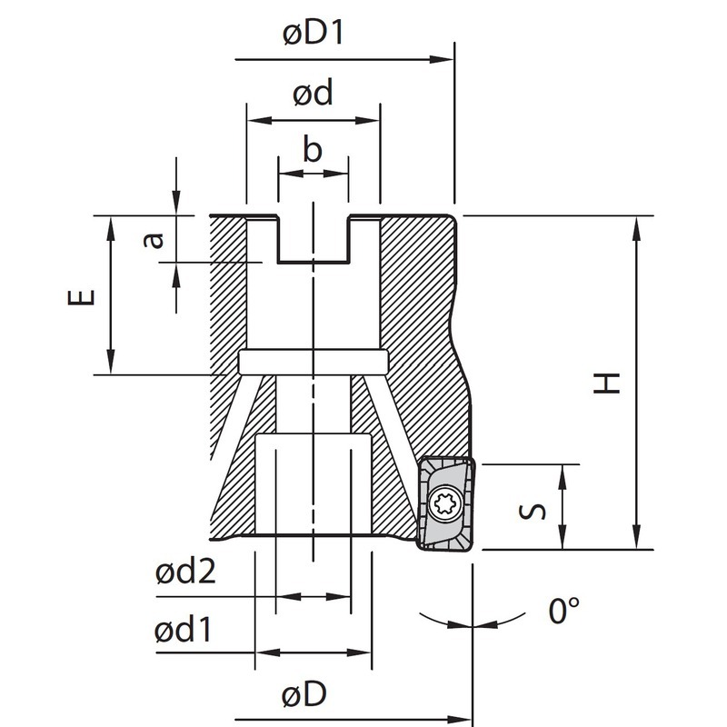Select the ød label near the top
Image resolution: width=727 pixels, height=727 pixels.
314,94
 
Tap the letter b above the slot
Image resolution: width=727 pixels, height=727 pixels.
313,151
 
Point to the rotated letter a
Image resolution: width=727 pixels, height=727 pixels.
155,239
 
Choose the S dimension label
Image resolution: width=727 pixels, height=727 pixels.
536,507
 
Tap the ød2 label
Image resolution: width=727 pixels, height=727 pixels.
185,573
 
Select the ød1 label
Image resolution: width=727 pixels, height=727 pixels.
184,629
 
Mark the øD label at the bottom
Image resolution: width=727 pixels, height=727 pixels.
304,695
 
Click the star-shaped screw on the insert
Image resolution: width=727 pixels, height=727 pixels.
446,502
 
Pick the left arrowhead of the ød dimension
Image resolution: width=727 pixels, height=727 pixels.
254,120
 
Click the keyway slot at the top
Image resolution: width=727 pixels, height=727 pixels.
314,238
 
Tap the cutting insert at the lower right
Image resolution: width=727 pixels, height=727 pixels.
445,504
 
